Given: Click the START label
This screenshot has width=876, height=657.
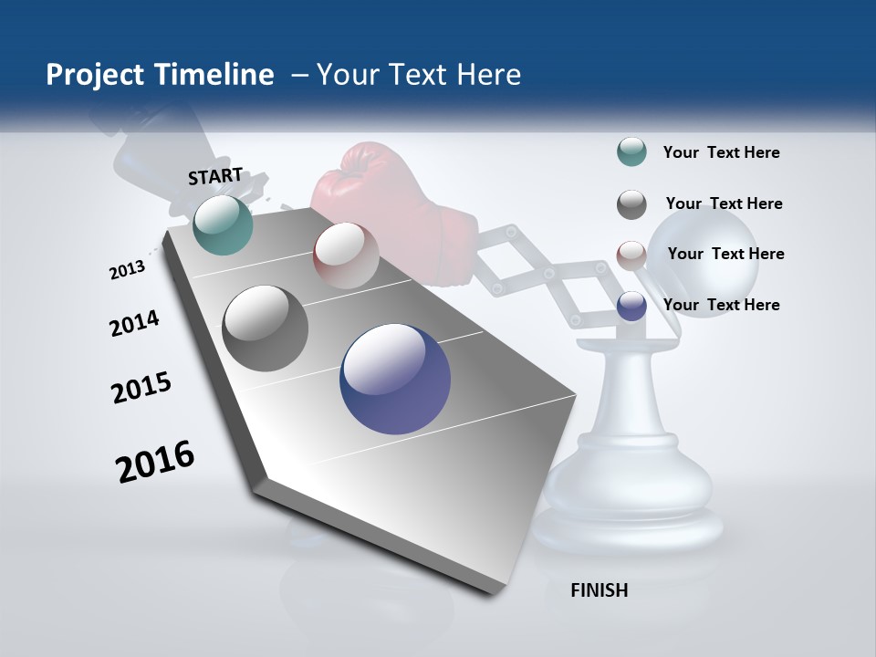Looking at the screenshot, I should pos(215,176).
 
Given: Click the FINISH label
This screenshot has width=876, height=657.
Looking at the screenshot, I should pos(599,590).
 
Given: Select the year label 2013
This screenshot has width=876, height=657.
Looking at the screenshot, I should pos(128,270).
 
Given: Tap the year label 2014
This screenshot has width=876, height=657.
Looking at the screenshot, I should pos(134,323).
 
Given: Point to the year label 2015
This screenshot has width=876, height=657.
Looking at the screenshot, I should pos(141,388).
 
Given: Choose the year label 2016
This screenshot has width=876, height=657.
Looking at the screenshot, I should pos(155,462).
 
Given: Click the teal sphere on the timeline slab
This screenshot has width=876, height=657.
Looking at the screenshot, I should pos(223,224).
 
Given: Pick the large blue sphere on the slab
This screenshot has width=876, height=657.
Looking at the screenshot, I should pos(395,379).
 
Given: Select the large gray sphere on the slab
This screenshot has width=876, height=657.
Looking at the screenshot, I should pos(265,328).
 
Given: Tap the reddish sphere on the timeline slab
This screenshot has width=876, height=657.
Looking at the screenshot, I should pos(346,255).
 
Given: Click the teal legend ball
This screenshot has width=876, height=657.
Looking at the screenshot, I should pos(631,152).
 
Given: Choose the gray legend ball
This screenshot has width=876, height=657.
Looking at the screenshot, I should pos(631,204).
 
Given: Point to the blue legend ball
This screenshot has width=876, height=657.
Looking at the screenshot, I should pos(631,306).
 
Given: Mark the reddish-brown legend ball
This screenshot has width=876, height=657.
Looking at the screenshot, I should pos(631,255).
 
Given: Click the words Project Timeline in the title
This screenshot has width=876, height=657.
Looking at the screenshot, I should pos(160,75).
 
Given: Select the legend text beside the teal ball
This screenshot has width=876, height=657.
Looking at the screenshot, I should pos(721,152).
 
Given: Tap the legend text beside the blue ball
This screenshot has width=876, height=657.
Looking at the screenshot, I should pos(721,305).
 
